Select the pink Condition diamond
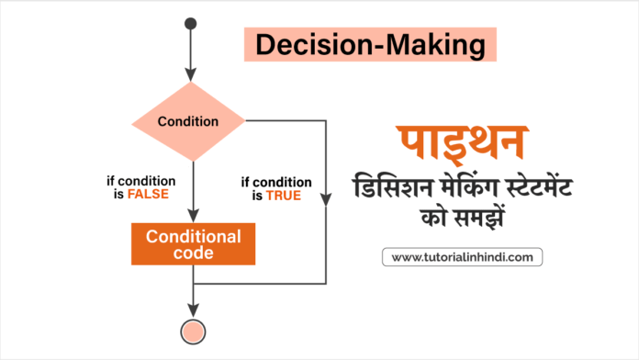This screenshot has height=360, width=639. pos(188,121)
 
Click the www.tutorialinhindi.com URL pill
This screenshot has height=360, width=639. pos(462,256)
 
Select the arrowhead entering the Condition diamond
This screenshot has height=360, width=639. pos(191,73)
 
